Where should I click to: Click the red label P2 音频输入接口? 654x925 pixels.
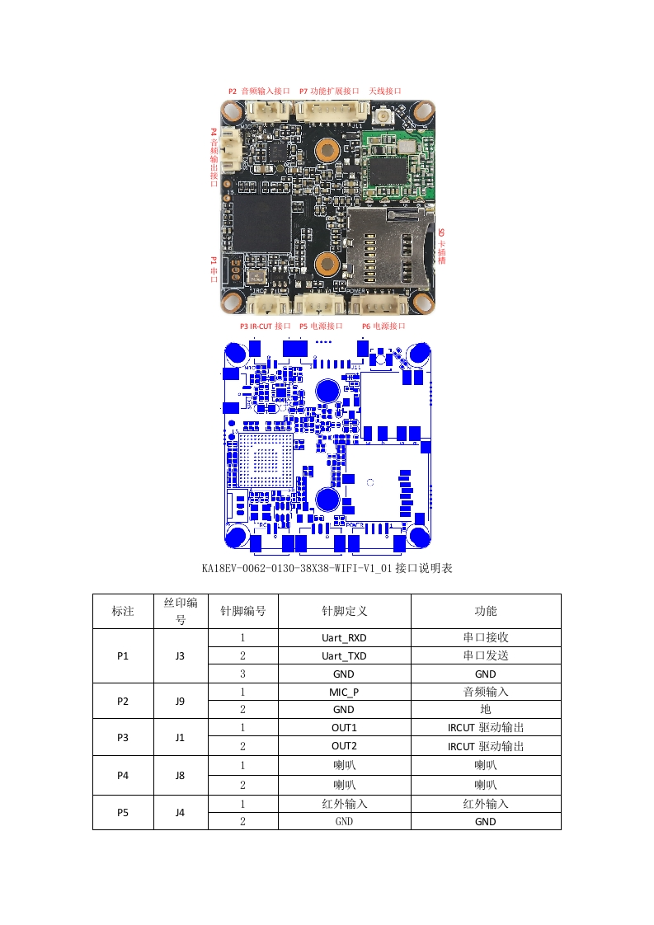pyautogui.click(x=259, y=91)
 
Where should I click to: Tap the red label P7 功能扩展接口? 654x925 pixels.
pyautogui.click(x=329, y=91)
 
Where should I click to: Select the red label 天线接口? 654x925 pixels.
pyautogui.click(x=384, y=91)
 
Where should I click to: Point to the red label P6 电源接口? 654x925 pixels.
pyautogui.click(x=383, y=326)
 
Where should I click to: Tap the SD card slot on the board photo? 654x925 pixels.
pyautogui.click(x=388, y=247)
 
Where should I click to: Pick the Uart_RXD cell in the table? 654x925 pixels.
pyautogui.click(x=344, y=638)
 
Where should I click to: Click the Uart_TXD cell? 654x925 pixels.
pyautogui.click(x=344, y=656)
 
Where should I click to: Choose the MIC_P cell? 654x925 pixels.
pyautogui.click(x=344, y=692)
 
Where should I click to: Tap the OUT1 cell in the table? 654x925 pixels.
pyautogui.click(x=344, y=728)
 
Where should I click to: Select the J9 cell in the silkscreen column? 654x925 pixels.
pyautogui.click(x=180, y=701)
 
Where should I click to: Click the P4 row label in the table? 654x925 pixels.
pyautogui.click(x=123, y=773)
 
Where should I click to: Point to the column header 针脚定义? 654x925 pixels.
pyautogui.click(x=344, y=611)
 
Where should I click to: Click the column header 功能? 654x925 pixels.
pyautogui.click(x=485, y=611)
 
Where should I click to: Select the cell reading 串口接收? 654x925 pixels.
pyautogui.click(x=485, y=638)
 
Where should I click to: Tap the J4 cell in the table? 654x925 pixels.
pyautogui.click(x=180, y=812)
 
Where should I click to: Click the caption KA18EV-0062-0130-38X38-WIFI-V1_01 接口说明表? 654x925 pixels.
pyautogui.click(x=327, y=569)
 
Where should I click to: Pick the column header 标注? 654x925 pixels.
pyautogui.click(x=123, y=611)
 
